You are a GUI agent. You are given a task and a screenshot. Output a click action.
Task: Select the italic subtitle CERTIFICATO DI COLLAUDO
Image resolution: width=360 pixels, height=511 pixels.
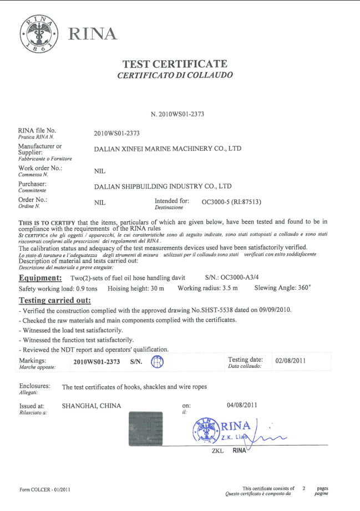tap(175, 75)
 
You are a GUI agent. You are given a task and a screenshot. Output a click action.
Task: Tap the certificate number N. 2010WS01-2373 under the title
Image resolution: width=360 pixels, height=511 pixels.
tap(178, 114)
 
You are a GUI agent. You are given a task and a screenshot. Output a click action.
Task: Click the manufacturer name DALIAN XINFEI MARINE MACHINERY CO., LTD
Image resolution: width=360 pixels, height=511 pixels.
tap(168, 149)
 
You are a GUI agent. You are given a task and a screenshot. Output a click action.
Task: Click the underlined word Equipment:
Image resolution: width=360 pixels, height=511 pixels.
tap(40, 277)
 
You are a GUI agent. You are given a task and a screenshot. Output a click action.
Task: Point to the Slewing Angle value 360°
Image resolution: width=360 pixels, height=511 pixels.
tap(302, 288)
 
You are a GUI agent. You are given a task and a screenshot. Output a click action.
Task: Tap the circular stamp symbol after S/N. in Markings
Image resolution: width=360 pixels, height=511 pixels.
tap(157, 362)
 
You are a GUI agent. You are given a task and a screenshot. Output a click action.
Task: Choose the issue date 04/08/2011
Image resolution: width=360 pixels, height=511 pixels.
tap(242, 404)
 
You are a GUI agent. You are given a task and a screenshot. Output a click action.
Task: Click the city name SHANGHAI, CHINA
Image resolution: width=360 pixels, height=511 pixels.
tap(92, 406)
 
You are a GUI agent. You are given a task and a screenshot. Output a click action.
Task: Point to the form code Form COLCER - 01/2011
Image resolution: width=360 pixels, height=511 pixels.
tap(44, 490)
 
